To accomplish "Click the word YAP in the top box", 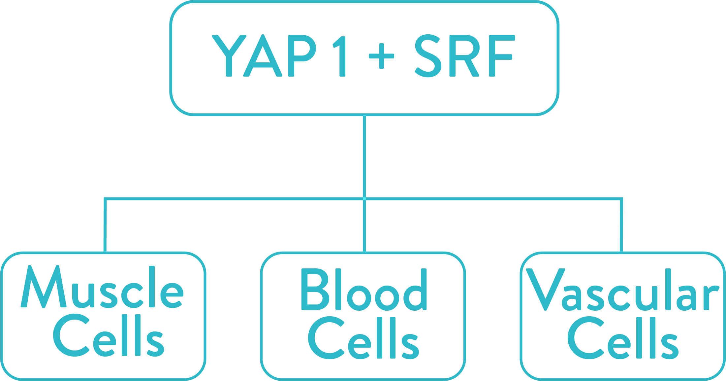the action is coord(264,56).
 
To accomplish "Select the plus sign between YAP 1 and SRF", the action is coord(382,56).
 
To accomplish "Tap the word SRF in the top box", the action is coord(465,56).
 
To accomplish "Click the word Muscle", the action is coord(102,287).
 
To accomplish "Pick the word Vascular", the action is coord(622,290).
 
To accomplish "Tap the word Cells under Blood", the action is coord(363,338).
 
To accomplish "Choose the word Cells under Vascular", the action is coord(623,338).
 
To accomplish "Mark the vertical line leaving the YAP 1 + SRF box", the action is coord(364,156).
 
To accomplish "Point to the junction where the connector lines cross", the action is coord(364,199).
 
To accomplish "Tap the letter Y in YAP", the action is coord(229,56).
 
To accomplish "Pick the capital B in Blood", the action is coord(315,290).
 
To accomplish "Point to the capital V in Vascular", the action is coord(546,290).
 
